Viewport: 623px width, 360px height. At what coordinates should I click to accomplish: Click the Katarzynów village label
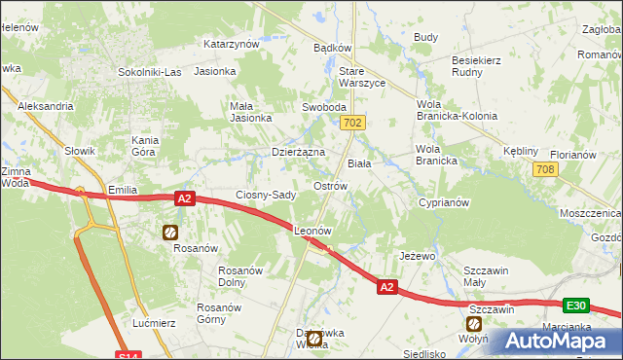coord(231,44)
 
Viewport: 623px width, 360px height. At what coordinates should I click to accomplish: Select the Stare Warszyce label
coord(362,77)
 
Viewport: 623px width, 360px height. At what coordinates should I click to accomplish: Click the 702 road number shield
coord(353,123)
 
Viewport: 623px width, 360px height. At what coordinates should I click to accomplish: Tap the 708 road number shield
coord(545,170)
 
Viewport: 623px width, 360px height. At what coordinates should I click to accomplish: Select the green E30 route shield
coord(577,306)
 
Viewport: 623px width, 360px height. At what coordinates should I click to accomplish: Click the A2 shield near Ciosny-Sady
coord(187,198)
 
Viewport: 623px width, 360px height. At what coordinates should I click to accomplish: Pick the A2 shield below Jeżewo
coord(387,287)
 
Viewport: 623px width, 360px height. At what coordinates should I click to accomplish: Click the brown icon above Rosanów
coord(170,232)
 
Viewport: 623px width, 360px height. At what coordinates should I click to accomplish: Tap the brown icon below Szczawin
coord(475,323)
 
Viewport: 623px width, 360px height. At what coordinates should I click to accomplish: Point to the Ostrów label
coord(331,185)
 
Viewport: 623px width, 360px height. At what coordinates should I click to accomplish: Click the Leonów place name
coord(313,232)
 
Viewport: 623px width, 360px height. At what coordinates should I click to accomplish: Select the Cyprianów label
coord(444,202)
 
